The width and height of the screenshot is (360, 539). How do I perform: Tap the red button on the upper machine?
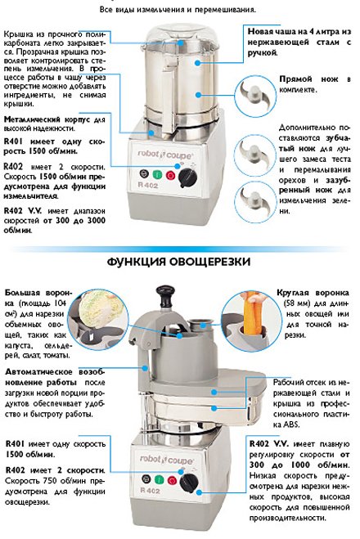[169, 174]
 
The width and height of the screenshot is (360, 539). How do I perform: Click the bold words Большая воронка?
[32, 292]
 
